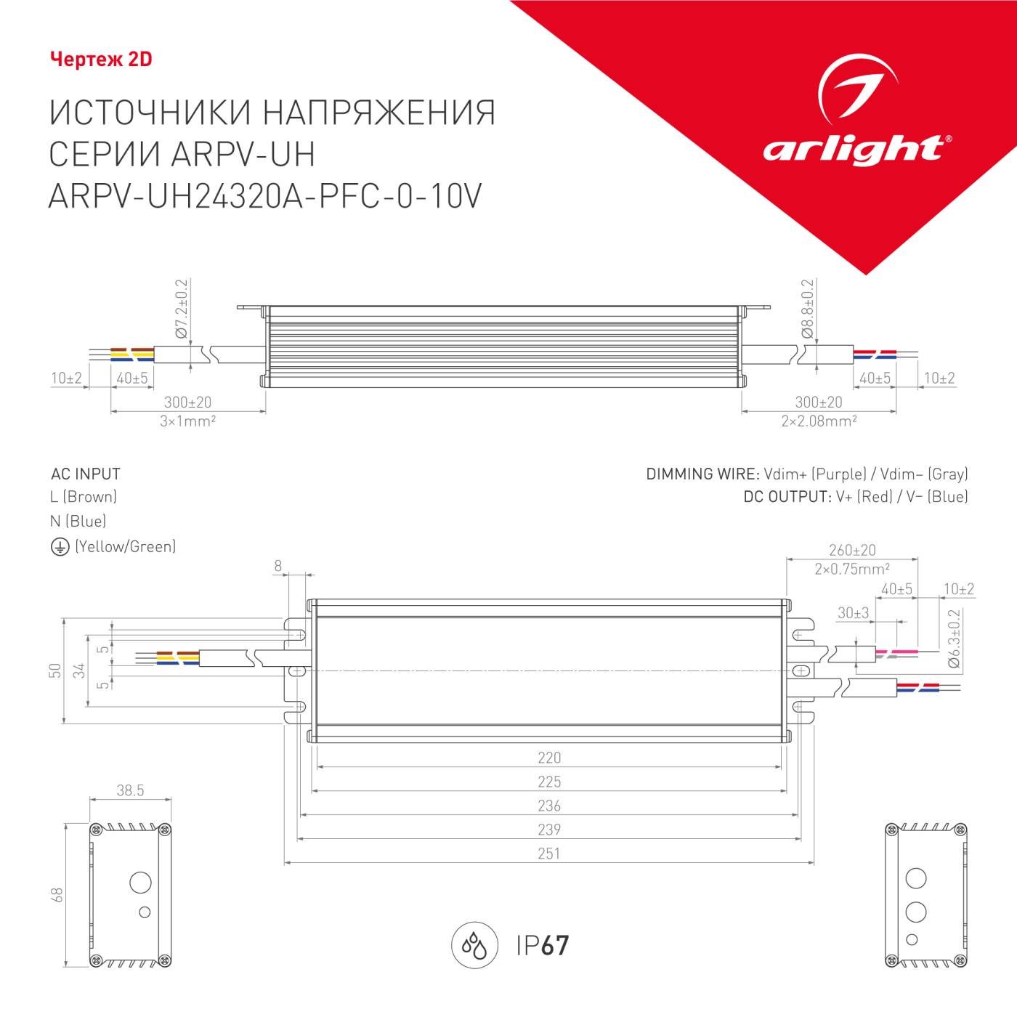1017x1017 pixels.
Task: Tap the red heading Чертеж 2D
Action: coord(101,60)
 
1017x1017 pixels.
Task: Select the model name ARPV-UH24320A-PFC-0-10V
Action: coord(264,196)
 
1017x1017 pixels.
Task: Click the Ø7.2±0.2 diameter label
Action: coord(181,309)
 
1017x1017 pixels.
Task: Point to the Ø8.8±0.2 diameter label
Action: coord(807,309)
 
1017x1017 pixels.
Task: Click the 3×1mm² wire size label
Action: coord(187,421)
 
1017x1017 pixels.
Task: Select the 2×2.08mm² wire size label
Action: coord(819,421)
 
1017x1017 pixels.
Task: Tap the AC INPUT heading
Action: coord(86,474)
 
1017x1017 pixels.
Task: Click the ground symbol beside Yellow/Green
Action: coord(60,547)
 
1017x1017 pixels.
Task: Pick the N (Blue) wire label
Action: coord(78,522)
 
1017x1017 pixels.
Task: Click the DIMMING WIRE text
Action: coord(702,474)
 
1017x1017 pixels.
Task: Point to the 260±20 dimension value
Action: coord(852,551)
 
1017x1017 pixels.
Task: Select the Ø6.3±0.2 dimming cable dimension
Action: coord(954,639)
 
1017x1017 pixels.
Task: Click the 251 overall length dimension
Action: coord(549,854)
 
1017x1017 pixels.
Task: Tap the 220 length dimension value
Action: coord(549,758)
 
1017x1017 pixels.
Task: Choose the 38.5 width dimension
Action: coord(130,790)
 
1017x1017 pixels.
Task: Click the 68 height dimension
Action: coord(57,895)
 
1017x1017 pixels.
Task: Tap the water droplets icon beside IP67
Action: coord(474,946)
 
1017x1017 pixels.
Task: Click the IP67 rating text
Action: coord(543,946)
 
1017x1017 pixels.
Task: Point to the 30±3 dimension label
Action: coord(853,613)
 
